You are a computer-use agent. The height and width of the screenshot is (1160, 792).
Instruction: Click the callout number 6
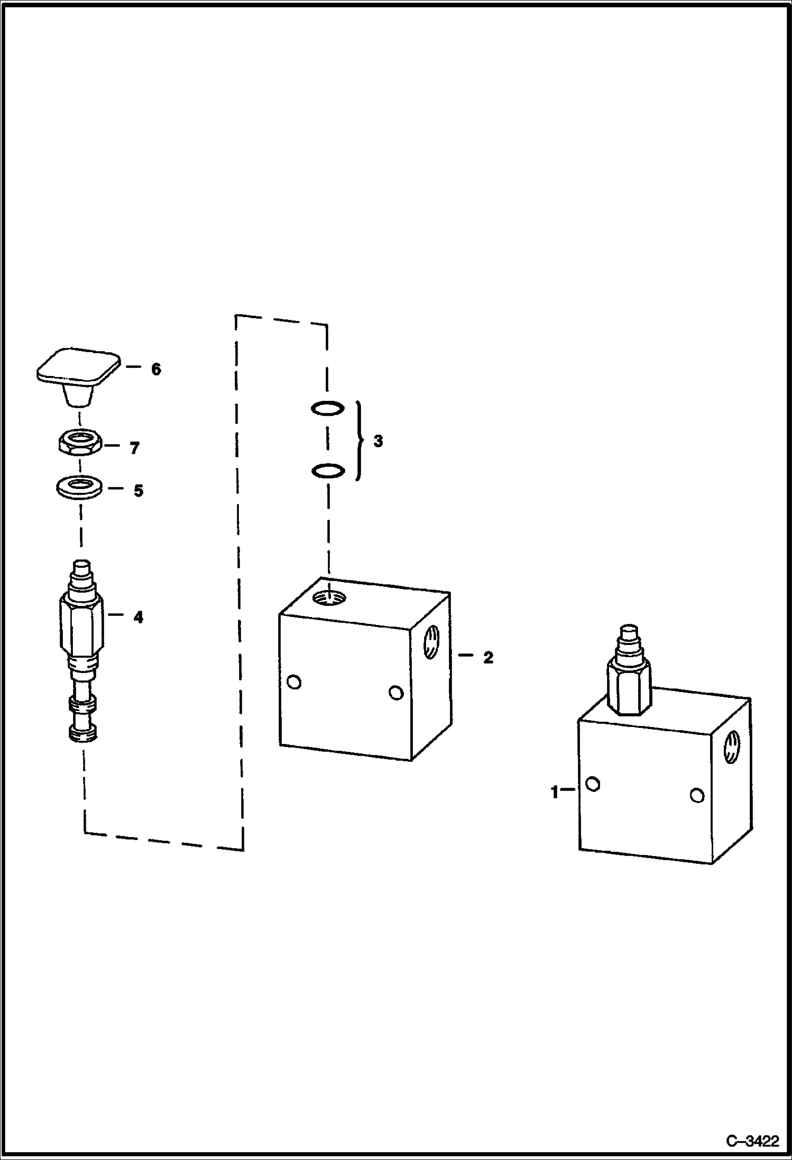point(156,370)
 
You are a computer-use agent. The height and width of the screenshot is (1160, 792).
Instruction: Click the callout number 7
point(134,448)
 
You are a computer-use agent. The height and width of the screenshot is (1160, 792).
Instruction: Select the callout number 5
point(138,491)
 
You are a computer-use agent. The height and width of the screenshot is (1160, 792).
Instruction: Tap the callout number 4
point(138,617)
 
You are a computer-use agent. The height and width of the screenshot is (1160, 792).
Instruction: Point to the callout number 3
point(377,441)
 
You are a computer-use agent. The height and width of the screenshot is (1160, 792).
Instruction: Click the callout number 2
point(488,657)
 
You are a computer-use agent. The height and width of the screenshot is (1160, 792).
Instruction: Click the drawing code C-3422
point(752,1141)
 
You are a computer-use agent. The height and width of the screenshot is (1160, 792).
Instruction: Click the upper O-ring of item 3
point(328,408)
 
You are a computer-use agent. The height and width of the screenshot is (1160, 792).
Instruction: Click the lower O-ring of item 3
point(328,470)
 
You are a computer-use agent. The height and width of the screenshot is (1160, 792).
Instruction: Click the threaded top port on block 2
point(329,598)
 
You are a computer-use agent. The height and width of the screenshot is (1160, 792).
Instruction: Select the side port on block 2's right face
point(431,642)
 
